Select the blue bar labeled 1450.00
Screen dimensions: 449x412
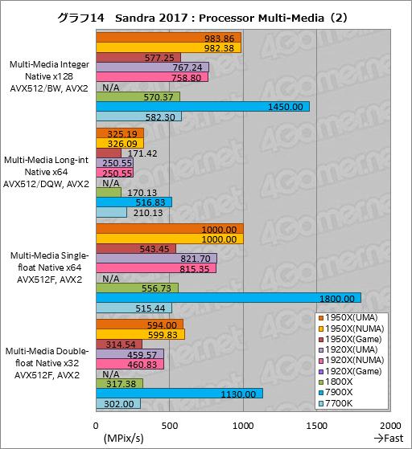point(202,107)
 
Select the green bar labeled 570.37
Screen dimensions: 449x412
point(138,96)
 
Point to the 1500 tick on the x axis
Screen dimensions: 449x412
point(317,424)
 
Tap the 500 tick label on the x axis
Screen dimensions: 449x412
point(170,424)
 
